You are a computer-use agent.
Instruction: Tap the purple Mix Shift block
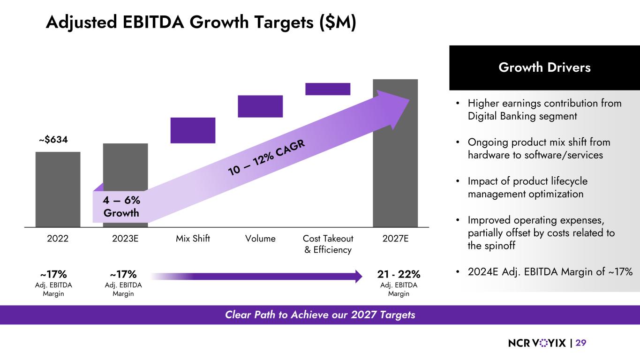(193, 130)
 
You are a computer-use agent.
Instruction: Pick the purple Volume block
(260, 106)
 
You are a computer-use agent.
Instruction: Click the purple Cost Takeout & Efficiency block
(328, 89)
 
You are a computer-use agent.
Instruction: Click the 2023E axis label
(125, 239)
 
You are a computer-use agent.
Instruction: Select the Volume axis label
(260, 239)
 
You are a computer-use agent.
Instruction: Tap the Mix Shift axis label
(193, 239)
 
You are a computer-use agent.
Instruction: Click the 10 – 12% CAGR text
(267, 158)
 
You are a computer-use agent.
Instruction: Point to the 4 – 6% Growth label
(121, 206)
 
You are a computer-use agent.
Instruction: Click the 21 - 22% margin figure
(399, 274)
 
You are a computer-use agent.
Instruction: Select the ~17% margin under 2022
(53, 274)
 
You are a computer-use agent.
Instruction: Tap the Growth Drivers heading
(544, 67)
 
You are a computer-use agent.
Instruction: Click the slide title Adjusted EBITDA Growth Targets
(201, 22)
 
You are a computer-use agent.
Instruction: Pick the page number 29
(581, 343)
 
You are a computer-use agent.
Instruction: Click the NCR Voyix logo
(537, 343)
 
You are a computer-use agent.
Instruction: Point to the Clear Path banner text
(320, 315)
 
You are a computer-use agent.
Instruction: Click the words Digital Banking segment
(522, 116)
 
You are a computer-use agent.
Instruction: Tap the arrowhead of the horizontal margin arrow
(359, 277)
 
